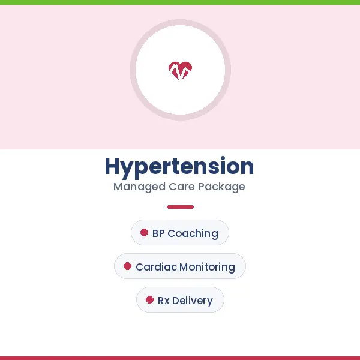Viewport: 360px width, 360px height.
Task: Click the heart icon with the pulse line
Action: [180, 70]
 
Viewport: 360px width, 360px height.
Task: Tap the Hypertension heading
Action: [179, 166]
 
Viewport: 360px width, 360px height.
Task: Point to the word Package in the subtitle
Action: [221, 187]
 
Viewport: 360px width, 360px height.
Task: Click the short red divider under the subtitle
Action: [180, 207]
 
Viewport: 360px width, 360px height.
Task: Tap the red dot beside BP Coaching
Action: [144, 233]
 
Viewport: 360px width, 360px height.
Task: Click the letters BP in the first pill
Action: [158, 233]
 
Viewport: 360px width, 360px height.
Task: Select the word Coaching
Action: [193, 233]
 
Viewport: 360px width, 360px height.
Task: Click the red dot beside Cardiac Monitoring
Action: [127, 266]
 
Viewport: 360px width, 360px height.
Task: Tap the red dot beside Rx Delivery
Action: [149, 300]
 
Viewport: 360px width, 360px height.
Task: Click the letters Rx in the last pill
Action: [164, 301]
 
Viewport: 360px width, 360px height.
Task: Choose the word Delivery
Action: [193, 301]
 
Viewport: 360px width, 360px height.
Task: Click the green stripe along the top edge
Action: [180, 2]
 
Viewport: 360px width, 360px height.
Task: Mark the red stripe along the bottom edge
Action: [180, 358]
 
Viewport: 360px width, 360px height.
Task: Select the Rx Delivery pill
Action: [180, 300]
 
